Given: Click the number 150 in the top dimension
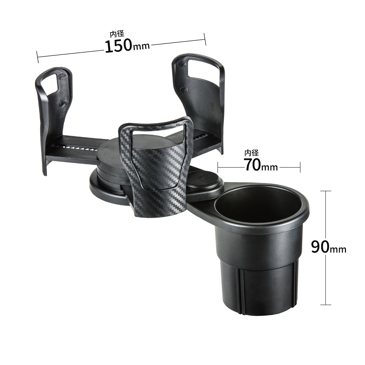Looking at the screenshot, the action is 118,46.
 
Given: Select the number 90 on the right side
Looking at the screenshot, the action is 320,247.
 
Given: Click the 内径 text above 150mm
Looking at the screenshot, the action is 117,34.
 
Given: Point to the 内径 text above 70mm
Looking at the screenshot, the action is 251,153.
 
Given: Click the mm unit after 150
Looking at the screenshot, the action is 141,46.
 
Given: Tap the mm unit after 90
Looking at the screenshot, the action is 338,249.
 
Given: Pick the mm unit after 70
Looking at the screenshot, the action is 270,167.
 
